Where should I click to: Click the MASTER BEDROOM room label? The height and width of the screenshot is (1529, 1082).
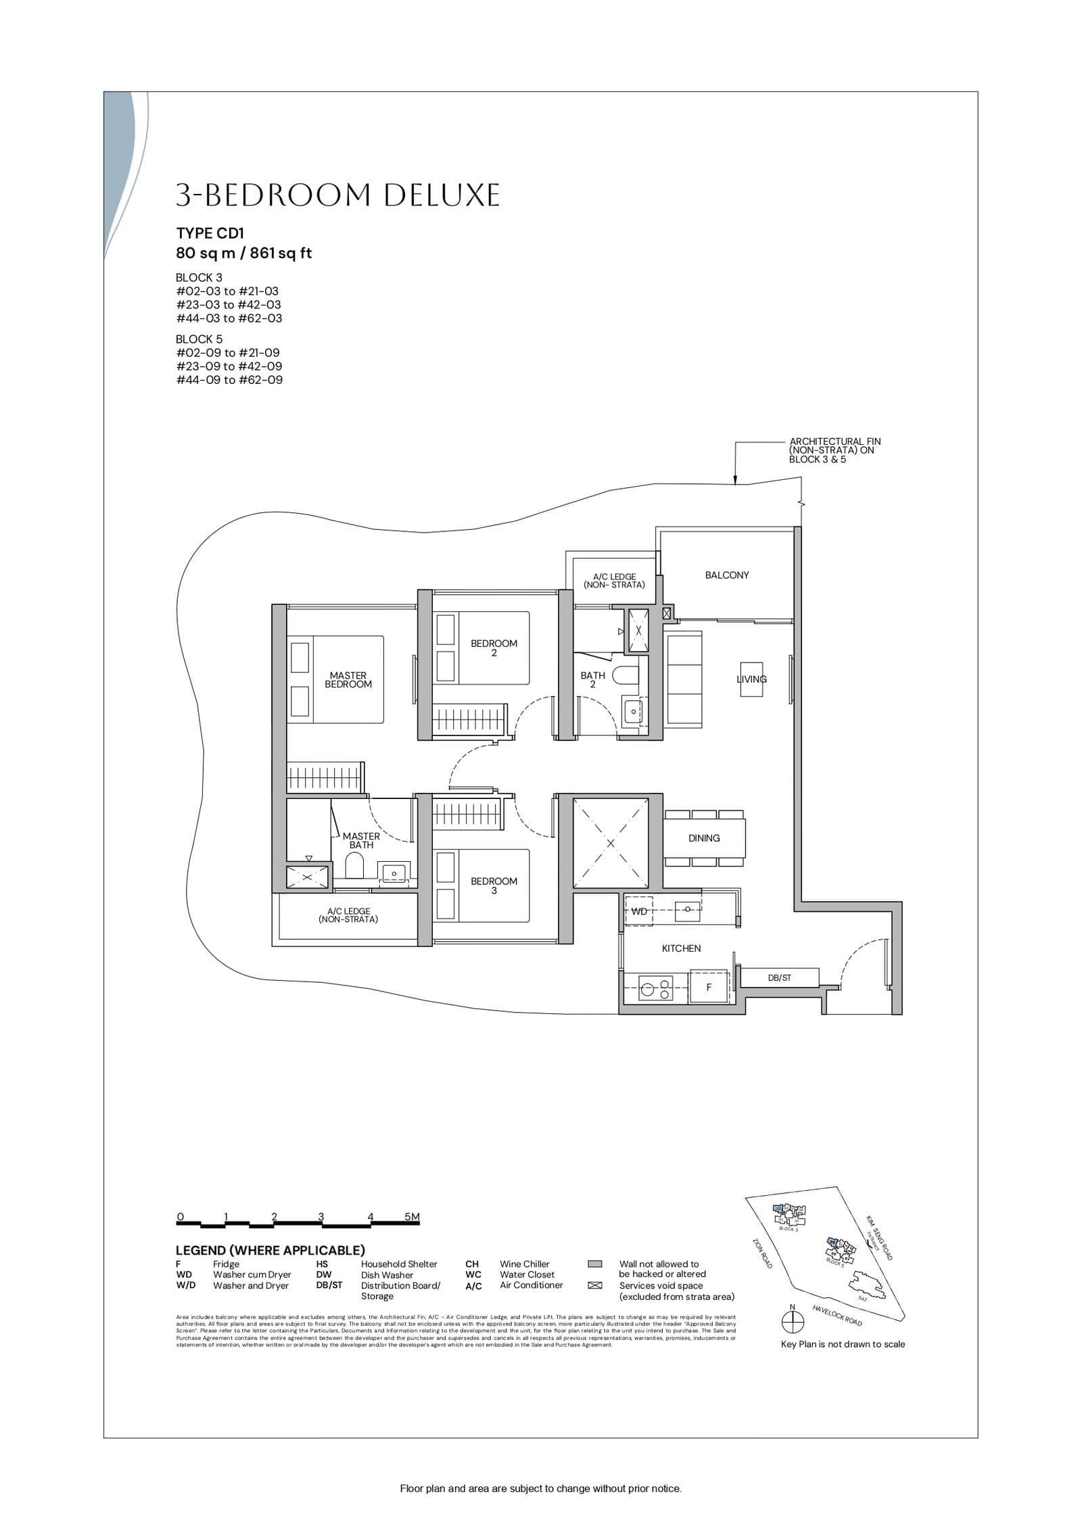coord(348,679)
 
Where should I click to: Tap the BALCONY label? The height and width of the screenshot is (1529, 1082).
coord(726,575)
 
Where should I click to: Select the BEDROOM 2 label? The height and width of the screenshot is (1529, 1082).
coord(494,648)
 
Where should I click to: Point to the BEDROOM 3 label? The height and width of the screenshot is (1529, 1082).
coord(494,885)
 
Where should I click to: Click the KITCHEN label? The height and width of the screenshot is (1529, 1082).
coord(681,948)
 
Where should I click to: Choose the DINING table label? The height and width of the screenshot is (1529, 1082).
coord(703,838)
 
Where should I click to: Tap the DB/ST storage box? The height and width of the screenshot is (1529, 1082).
coord(779,977)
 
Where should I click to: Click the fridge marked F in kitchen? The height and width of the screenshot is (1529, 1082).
coord(709,987)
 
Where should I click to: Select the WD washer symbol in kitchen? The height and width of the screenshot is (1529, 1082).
coord(638,911)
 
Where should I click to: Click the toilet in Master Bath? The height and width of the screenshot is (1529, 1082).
coord(354,865)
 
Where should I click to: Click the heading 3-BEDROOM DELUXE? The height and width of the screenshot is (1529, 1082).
coord(337,195)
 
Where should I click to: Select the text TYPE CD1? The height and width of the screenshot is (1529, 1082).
coord(210,233)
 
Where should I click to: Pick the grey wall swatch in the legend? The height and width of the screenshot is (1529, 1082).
coord(595,1263)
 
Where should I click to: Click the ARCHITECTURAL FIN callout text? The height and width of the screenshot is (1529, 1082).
coord(834,450)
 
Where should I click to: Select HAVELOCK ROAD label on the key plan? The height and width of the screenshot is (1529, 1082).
coord(837,1315)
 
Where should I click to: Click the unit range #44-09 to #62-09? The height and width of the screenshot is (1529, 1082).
coord(229,380)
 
